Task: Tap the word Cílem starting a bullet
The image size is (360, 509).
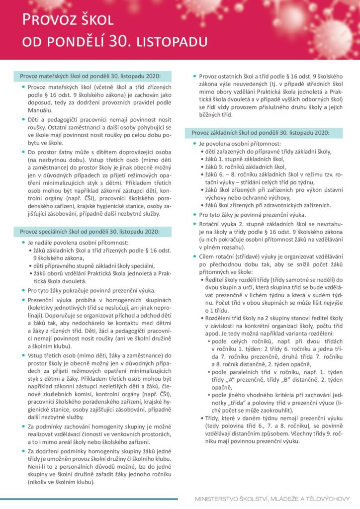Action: (x=209, y=256)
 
